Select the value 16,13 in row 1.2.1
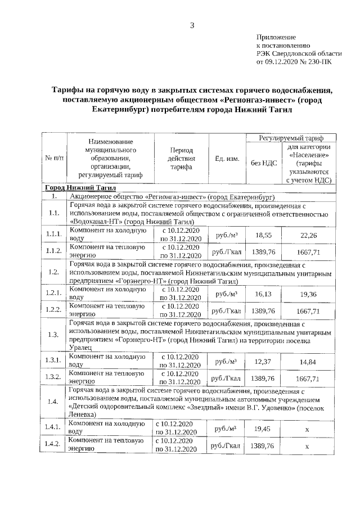(263, 293)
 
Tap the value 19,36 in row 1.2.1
(308, 294)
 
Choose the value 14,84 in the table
(308, 361)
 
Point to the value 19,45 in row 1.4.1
(263, 428)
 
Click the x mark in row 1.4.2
(307, 446)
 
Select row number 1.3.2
(54, 377)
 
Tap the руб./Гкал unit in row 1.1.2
(227, 252)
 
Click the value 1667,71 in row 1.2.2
(308, 311)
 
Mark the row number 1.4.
(54, 402)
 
